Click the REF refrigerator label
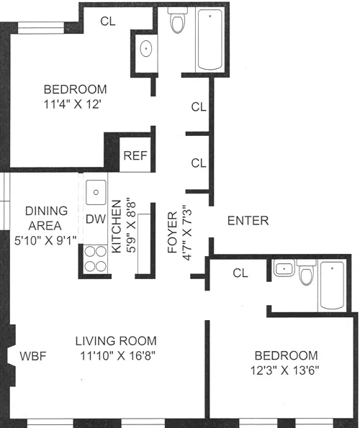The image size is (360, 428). tap(135, 155)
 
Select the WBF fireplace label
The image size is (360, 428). tap(33, 355)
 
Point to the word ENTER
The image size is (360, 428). tap(247, 221)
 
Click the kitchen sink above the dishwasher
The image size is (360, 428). tap(96, 192)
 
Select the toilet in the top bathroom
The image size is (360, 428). tap(177, 23)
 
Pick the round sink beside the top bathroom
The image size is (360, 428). tap(146, 50)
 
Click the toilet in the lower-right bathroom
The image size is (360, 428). tap(305, 276)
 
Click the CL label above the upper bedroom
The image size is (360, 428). tap(108, 21)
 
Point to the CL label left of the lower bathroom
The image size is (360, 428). tap(240, 273)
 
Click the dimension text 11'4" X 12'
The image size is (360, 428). tap(76, 104)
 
